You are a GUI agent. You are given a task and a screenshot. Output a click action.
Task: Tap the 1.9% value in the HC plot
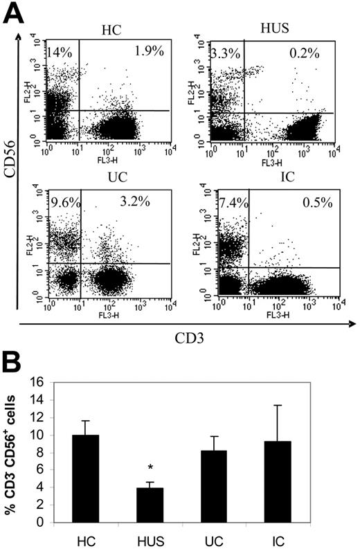tap(129, 50)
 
